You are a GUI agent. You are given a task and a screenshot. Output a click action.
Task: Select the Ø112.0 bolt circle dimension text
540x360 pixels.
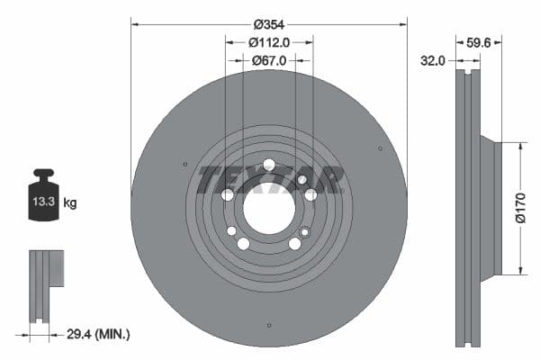coord(269,41)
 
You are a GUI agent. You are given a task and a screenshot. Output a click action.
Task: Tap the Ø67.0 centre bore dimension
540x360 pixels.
coord(269,60)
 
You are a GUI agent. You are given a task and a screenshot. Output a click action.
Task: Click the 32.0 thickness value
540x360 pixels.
coord(435,61)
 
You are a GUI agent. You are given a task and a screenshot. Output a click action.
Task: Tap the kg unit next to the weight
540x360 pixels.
coord(70,203)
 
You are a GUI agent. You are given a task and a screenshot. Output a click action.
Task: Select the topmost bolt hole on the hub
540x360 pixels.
coord(268,164)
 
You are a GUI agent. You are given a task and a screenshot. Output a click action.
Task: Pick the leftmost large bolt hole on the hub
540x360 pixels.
coord(228,194)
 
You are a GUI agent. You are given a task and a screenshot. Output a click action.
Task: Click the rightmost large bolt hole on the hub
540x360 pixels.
coord(310,194)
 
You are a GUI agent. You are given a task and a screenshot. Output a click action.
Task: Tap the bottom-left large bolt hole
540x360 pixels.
coord(243,244)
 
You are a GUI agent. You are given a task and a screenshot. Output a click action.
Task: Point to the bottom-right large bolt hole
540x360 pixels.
coord(294,244)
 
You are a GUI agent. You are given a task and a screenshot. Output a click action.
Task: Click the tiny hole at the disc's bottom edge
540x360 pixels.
coord(269,325)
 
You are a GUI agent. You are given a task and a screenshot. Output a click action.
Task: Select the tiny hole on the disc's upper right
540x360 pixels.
coord(380,148)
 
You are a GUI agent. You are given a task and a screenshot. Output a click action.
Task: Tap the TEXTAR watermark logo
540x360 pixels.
coord(270,179)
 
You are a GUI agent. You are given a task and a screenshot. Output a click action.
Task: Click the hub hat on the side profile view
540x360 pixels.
coord(488,208)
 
